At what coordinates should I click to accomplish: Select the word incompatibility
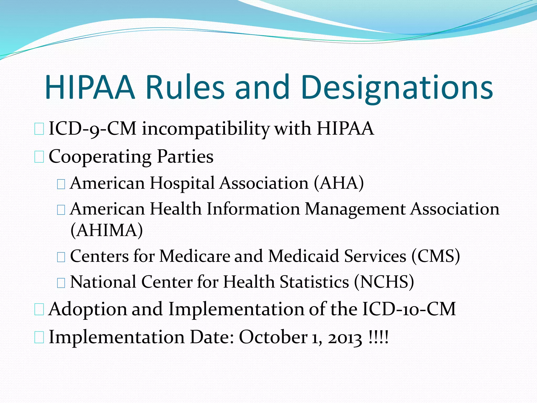pyautogui.click(x=206, y=129)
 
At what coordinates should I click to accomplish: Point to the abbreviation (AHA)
pyautogui.click(x=339, y=183)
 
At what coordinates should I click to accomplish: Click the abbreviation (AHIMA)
pyautogui.click(x=107, y=230)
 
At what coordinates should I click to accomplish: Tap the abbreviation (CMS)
pyautogui.click(x=436, y=256)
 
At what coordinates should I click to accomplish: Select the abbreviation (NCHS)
pyautogui.click(x=384, y=282)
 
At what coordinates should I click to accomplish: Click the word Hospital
pyautogui.click(x=182, y=183)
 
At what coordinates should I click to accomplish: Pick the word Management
pyautogui.click(x=355, y=209)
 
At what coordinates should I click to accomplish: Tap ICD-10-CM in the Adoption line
pyautogui.click(x=409, y=309)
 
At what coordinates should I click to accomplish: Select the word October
pyautogui.click(x=273, y=337)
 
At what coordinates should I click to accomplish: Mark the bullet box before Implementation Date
pyautogui.click(x=39, y=338)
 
